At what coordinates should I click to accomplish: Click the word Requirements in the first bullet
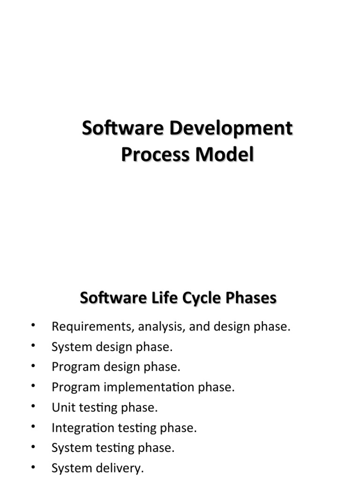click(92, 327)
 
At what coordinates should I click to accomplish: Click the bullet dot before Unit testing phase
click(34, 406)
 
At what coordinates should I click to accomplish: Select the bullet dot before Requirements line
click(34, 325)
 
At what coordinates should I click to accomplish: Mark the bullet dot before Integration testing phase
click(34, 427)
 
